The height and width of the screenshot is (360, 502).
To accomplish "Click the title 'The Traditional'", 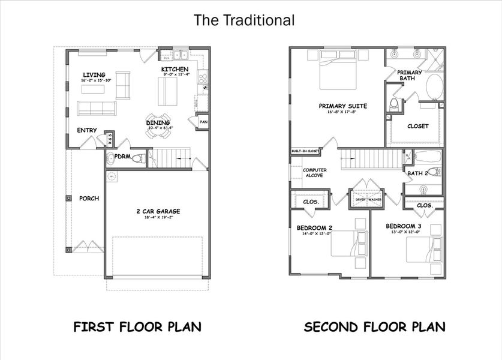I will tap(244, 20).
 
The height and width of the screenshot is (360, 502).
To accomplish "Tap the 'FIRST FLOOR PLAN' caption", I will tap(137, 327).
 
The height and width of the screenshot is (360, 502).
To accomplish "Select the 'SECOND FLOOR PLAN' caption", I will tap(374, 327).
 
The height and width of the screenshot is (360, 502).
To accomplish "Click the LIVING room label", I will tap(94, 74).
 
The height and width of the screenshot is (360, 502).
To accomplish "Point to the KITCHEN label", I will tap(175, 70).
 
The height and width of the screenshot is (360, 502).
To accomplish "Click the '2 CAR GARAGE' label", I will tap(158, 211).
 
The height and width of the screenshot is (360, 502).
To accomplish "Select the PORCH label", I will tap(89, 199).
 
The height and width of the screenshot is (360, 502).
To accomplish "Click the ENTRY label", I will tap(87, 130).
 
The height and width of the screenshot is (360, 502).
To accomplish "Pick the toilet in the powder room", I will tap(137, 159).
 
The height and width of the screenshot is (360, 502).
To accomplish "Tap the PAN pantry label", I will tap(203, 122).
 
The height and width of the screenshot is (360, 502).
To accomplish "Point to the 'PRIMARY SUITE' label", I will tap(343, 106).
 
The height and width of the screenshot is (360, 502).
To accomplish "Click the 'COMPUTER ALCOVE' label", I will tap(314, 173).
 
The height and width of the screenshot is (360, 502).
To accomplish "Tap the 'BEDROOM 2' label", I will tap(314, 227).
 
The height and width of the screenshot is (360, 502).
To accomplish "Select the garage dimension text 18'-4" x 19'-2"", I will tap(158, 218).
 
